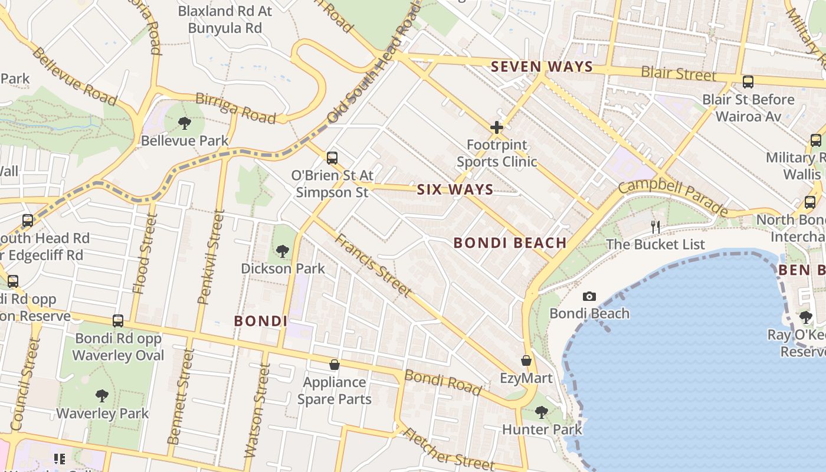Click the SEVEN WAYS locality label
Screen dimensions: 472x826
coord(542,67)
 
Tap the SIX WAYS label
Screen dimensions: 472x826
coord(455,189)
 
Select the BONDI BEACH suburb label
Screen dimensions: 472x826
coord(510,242)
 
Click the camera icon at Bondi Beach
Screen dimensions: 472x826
coord(589,296)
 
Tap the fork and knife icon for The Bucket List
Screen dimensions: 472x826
coord(655,226)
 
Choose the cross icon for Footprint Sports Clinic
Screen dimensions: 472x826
coord(497,127)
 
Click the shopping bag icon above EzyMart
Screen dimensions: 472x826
coord(526,360)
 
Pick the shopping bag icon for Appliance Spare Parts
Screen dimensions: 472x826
coord(335,365)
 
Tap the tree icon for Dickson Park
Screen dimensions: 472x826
coord(283,251)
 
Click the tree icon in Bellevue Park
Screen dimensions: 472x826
coord(185,123)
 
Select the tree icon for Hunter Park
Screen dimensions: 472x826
coord(542,412)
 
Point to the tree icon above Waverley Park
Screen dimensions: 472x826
coord(102,395)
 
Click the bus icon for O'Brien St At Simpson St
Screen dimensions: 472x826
coord(332,158)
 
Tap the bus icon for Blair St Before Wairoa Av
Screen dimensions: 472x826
coord(748,82)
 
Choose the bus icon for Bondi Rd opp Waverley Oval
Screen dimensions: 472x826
coord(118,321)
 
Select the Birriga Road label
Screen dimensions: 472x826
coord(235,108)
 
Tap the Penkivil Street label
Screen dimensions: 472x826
coord(211,258)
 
